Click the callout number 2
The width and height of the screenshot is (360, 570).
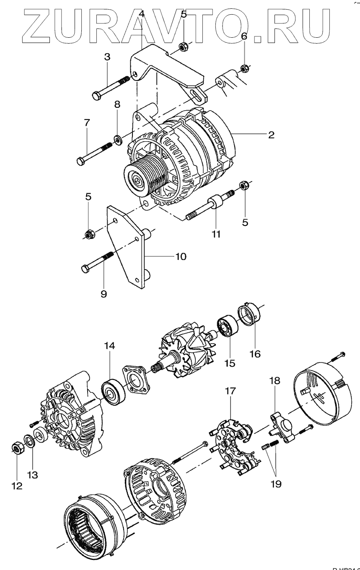click(271, 135)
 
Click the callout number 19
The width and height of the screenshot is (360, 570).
click(276, 484)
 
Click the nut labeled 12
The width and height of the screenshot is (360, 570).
click(17, 449)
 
